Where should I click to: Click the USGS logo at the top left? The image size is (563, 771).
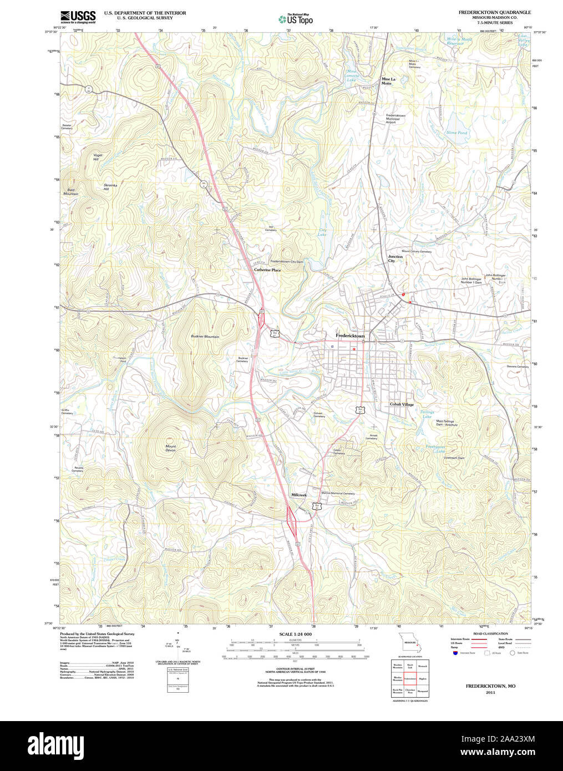[78, 16]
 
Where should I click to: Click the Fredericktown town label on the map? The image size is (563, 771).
[350, 336]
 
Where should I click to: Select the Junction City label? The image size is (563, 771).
[395, 258]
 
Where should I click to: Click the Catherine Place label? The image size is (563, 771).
[267, 270]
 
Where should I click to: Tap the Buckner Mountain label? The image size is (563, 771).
[205, 337]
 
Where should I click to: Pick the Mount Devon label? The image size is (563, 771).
[170, 448]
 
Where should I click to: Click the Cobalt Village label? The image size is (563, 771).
[402, 404]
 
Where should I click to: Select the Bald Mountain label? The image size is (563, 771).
[70, 191]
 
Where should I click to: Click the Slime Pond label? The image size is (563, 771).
[457, 133]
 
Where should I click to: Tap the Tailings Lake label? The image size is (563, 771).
[427, 414]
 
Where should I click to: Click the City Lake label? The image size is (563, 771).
[322, 232]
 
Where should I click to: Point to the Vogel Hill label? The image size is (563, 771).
[98, 157]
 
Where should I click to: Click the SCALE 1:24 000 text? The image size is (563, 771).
[295, 634]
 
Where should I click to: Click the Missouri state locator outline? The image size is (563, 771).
[412, 643]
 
